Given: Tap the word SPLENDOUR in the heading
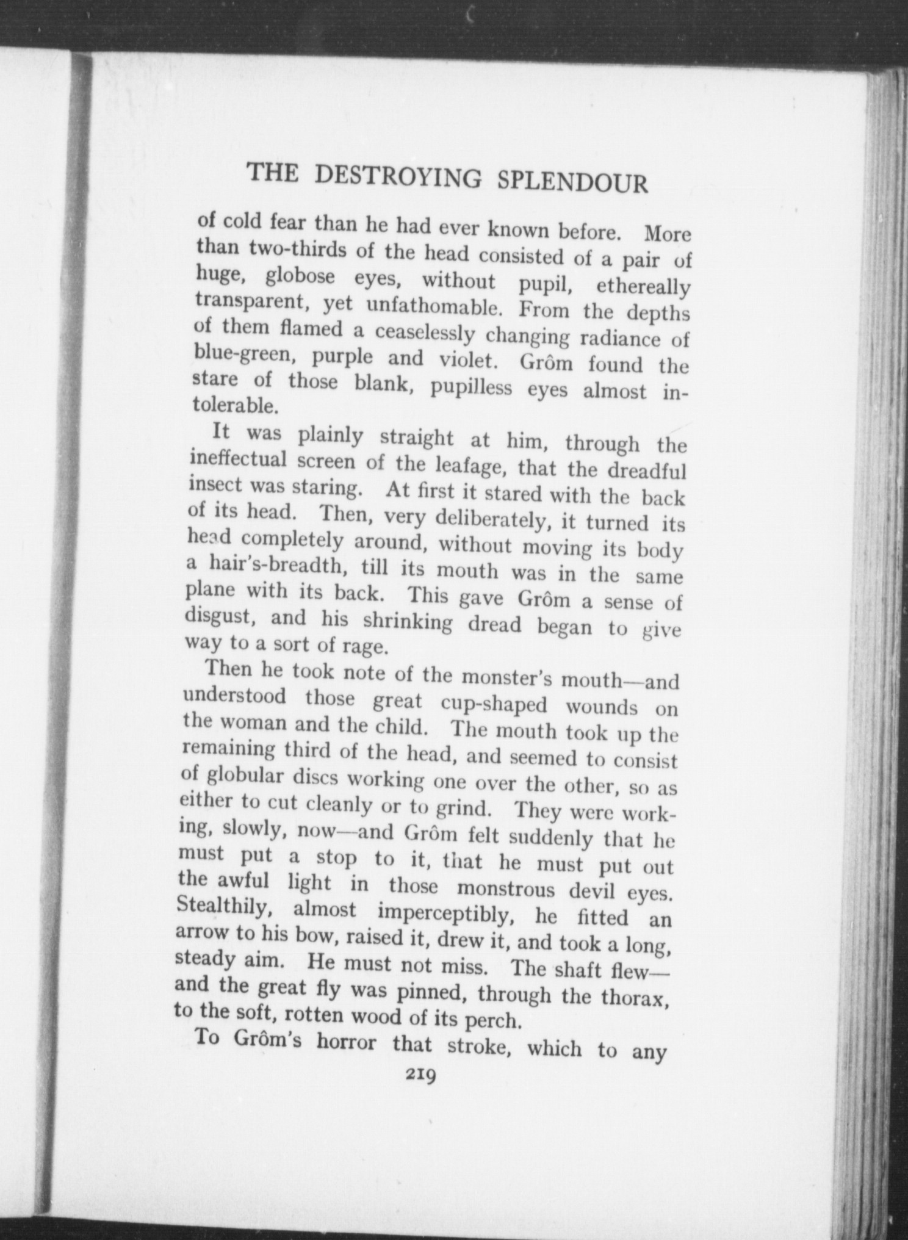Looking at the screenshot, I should pos(572,181).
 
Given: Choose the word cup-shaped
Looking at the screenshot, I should pos(494,704).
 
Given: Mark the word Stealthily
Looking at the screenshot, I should pos(226,908).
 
